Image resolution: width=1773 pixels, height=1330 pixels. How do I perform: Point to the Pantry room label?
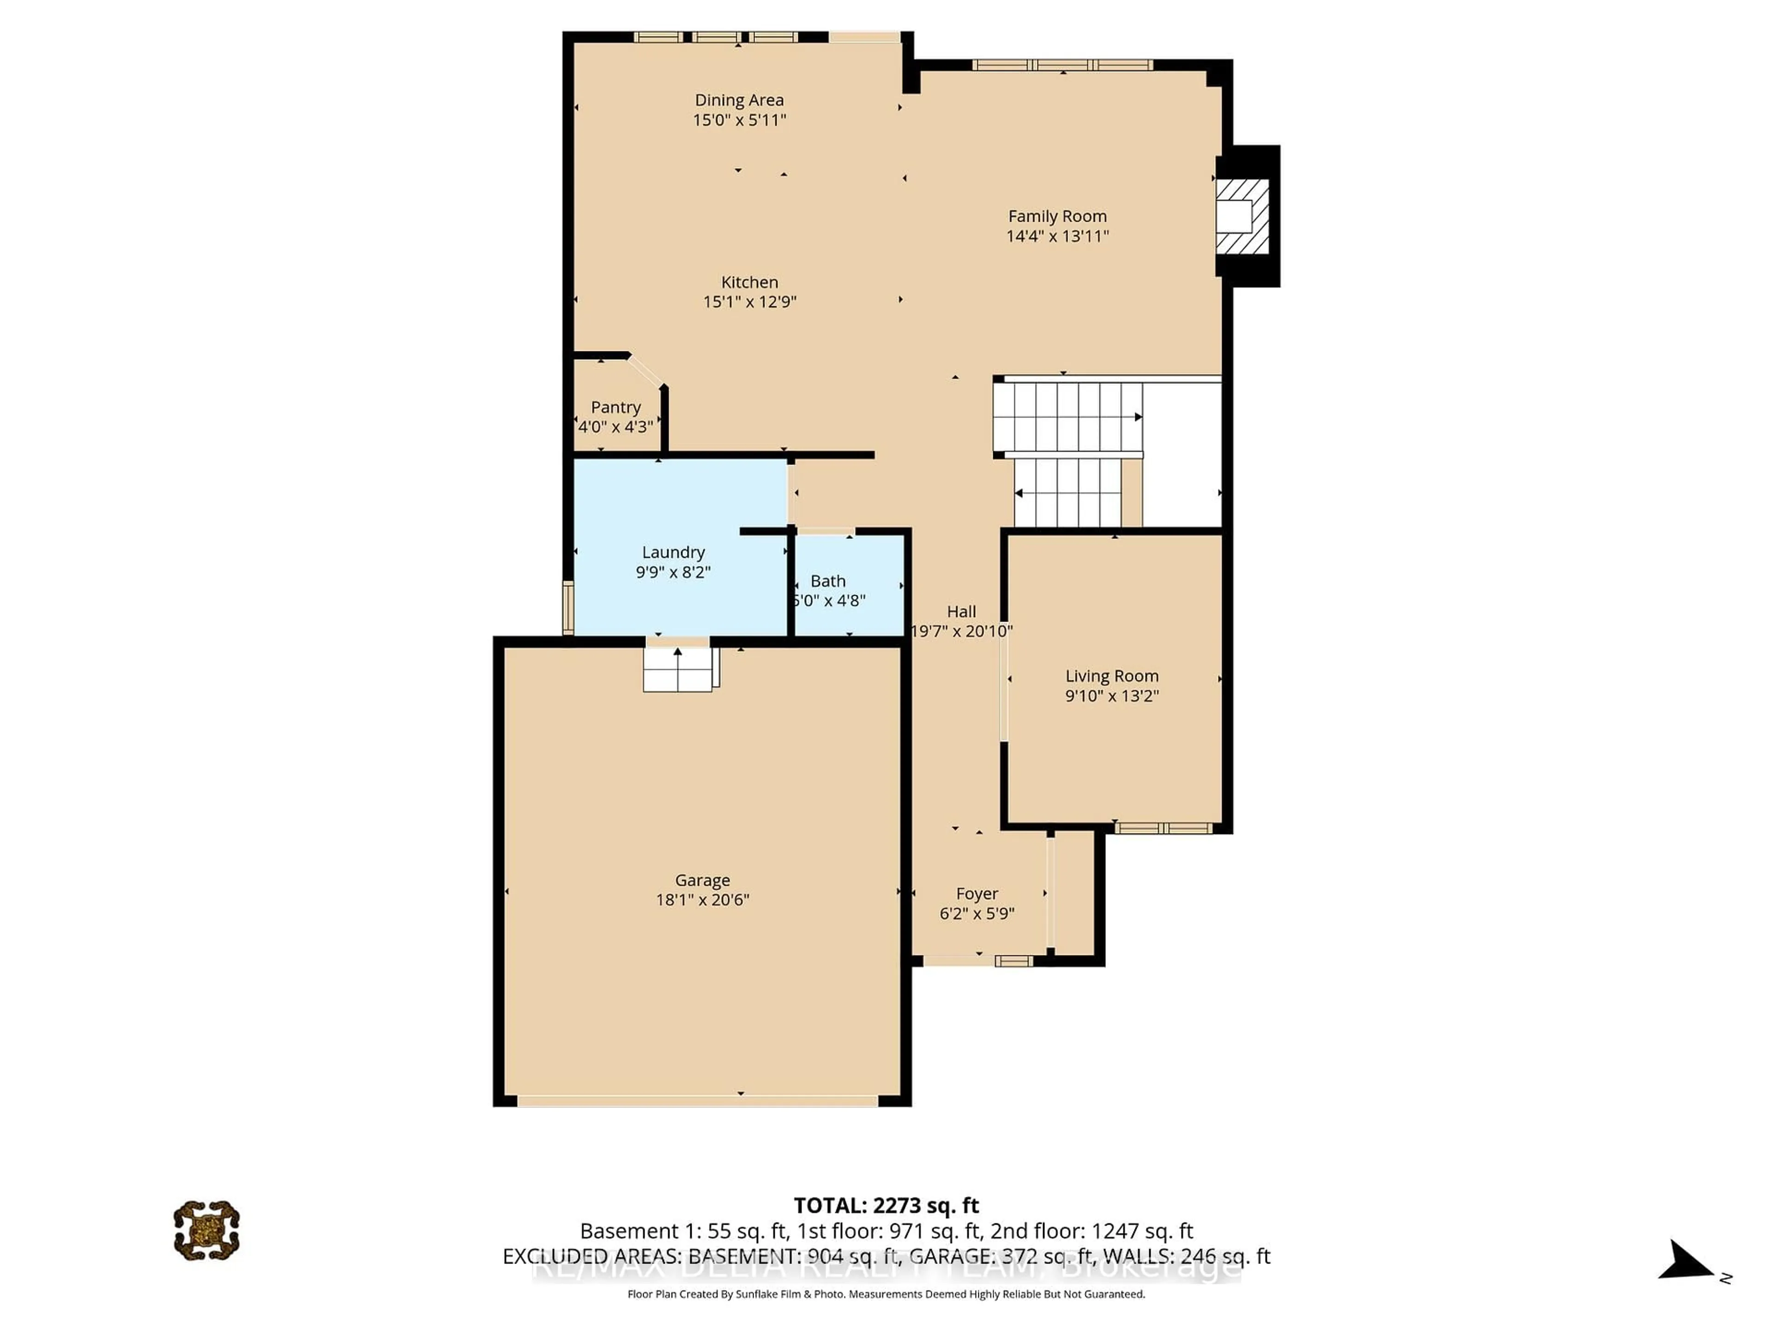(615, 407)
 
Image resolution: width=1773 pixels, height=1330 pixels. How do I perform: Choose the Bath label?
(827, 581)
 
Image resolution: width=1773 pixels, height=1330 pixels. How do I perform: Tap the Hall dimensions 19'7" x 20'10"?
(961, 631)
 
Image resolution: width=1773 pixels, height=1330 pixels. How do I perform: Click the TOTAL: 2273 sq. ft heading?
(886, 1206)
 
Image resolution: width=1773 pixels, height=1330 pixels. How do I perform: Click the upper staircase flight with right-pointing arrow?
(1067, 417)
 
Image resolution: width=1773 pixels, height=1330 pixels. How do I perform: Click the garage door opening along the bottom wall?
(697, 1101)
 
